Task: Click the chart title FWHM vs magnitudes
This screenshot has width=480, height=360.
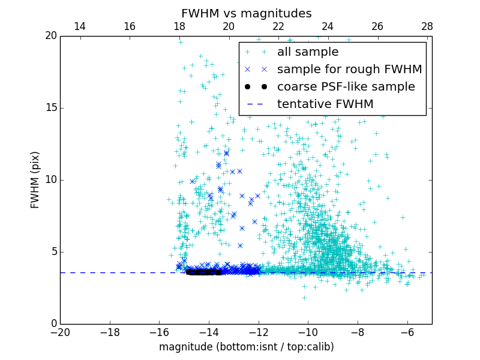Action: click(246, 13)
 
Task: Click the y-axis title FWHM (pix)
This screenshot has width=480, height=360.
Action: click(35, 180)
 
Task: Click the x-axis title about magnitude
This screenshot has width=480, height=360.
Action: click(246, 347)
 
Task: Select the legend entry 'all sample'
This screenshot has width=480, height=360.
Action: click(308, 52)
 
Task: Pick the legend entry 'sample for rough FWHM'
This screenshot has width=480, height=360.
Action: click(349, 70)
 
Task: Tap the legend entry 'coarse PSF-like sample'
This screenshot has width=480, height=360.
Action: click(346, 87)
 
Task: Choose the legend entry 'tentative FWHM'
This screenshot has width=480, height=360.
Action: click(325, 104)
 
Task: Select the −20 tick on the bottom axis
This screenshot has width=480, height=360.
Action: click(60, 332)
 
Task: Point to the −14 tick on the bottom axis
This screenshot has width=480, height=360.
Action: click(209, 332)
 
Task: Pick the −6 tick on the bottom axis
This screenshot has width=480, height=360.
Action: click(407, 332)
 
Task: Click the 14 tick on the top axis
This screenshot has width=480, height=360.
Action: click(79, 26)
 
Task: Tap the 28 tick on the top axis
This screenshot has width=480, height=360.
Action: click(427, 26)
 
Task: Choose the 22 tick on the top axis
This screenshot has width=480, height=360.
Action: click(278, 26)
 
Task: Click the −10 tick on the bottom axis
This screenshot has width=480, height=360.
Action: click(308, 332)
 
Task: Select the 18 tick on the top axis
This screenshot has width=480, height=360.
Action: click(179, 26)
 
